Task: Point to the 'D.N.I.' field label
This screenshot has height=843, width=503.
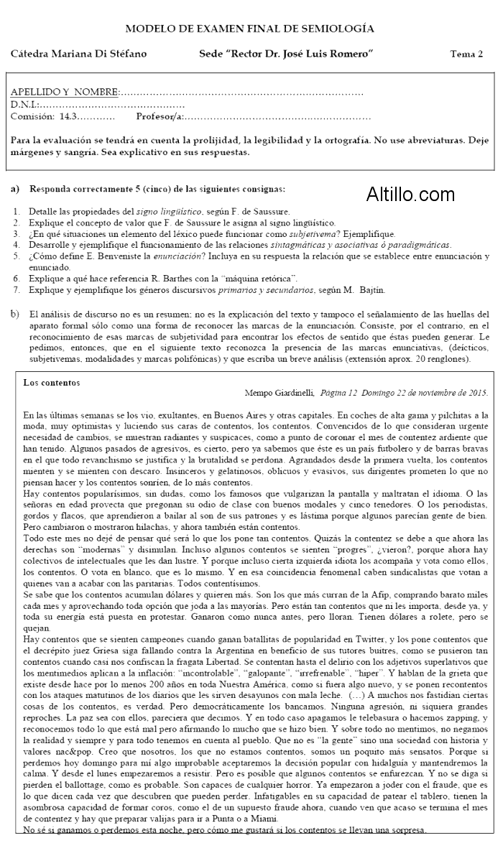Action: click(x=25, y=105)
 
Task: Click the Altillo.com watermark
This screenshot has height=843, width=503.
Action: click(x=410, y=194)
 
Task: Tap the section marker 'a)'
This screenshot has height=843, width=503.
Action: click(x=15, y=190)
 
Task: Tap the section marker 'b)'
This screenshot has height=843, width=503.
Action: click(x=15, y=314)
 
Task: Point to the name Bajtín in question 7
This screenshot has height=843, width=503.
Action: click(x=370, y=290)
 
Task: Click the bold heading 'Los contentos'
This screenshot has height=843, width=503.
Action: click(x=52, y=382)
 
